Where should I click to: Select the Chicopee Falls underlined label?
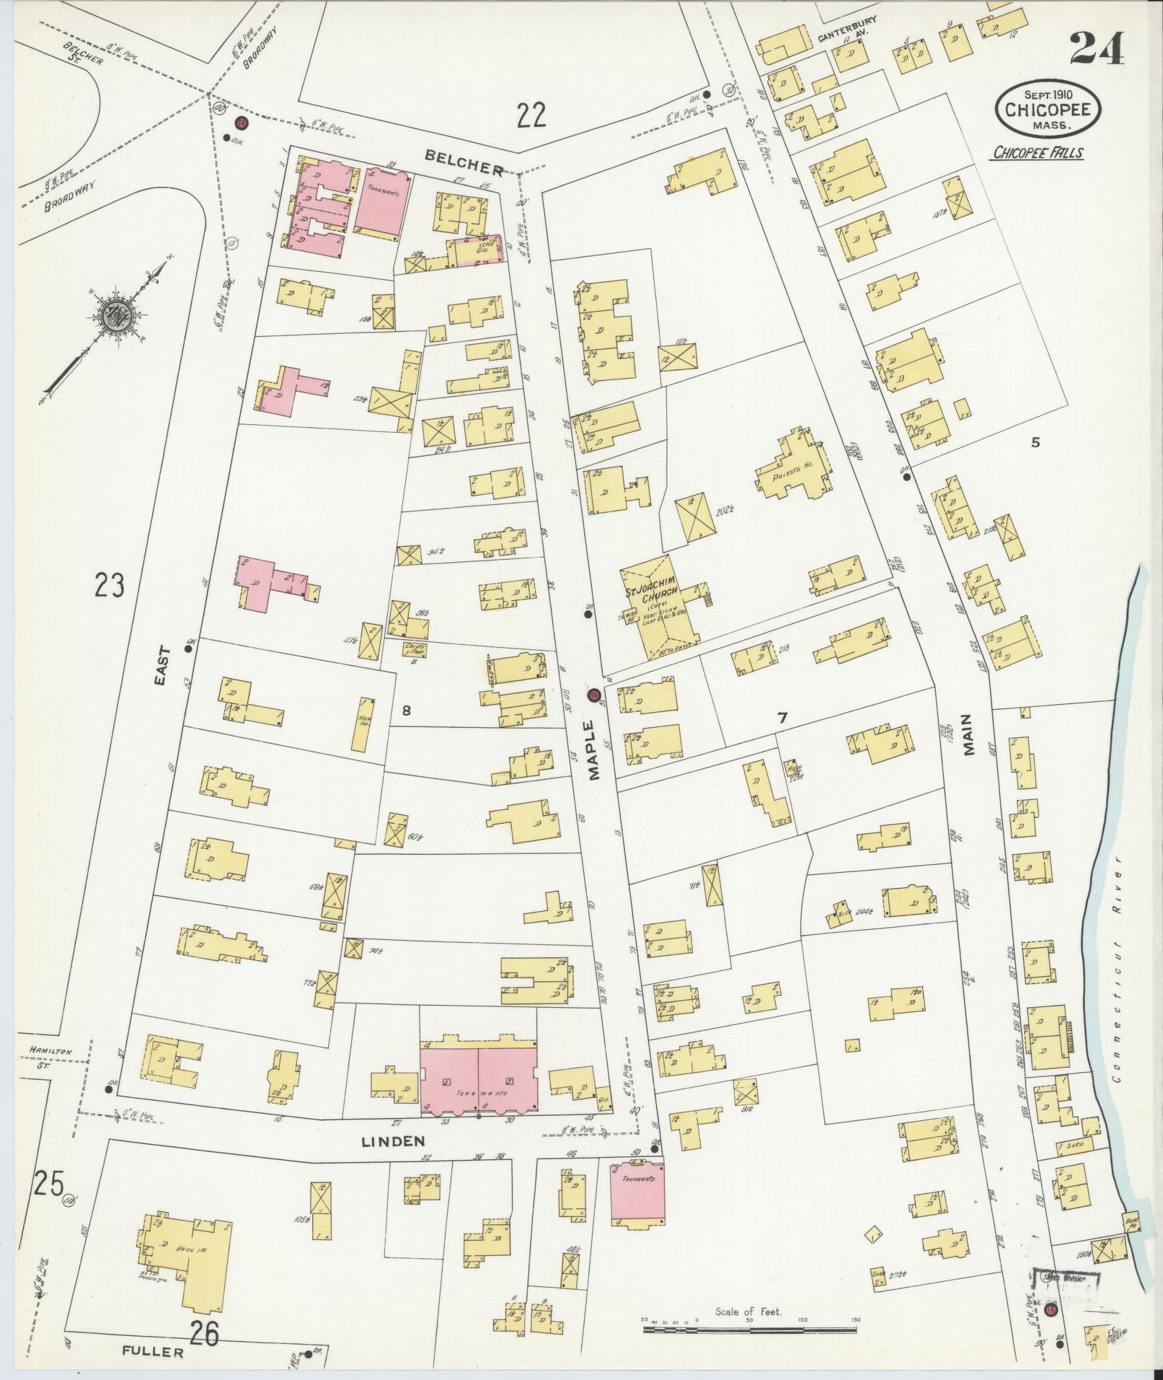1038,152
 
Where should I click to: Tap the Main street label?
967,734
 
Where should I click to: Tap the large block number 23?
109,585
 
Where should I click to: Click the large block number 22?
531,114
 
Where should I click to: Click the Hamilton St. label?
47,1058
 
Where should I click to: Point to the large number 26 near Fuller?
205,1333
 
